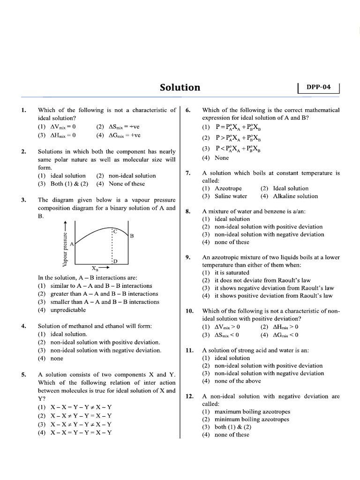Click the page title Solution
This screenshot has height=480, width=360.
[x=180, y=88]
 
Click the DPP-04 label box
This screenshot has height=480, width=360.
[x=318, y=87]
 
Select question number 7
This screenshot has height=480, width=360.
[x=188, y=173]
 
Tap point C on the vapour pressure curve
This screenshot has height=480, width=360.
[x=114, y=231]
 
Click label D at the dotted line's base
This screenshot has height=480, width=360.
[x=115, y=261]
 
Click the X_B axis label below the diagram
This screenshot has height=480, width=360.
[x=95, y=269]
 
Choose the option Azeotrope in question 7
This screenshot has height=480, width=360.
[x=228, y=188]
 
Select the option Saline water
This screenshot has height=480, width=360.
[x=231, y=196]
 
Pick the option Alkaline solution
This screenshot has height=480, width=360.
[x=295, y=196]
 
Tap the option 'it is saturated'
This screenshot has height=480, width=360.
[x=232, y=272]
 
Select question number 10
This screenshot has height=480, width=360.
[x=189, y=311]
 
